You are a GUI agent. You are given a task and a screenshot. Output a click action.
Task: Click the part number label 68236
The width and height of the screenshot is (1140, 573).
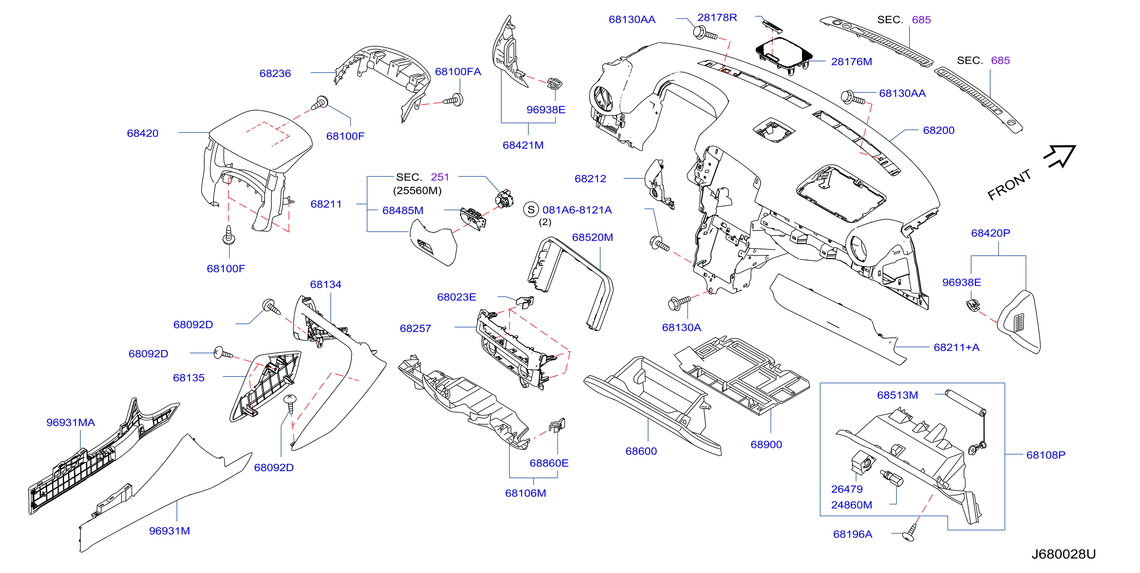[x=275, y=73]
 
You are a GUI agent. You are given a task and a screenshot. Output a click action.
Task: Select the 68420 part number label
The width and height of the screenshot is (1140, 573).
[x=142, y=133]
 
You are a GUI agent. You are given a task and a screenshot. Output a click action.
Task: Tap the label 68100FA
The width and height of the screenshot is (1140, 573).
[x=458, y=72]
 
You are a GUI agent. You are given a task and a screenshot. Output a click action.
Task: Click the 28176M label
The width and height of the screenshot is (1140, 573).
[x=851, y=61]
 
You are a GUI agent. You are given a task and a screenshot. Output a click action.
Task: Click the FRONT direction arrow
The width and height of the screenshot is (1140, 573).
[x=1060, y=156]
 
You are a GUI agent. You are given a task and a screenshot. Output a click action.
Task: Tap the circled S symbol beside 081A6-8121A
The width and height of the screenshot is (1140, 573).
[x=531, y=210]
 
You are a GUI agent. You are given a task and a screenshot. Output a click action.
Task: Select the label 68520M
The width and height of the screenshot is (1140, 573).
[x=592, y=237]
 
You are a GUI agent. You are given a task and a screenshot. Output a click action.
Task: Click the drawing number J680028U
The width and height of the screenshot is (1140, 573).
[x=1063, y=554]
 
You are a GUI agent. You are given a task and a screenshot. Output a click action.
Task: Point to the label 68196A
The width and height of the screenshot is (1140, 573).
[x=852, y=534]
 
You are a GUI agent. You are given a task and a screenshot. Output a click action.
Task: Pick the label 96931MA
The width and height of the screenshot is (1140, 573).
[x=70, y=422]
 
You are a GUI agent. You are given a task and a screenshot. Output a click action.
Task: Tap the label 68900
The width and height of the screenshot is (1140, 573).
[x=766, y=445]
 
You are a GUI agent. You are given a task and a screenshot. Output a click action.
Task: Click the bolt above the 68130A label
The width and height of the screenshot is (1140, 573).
[x=679, y=302]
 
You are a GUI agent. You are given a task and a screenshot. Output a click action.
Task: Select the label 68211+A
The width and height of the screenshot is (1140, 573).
[x=956, y=348]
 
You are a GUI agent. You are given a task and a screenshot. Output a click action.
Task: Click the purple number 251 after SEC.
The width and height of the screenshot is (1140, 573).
[x=440, y=177]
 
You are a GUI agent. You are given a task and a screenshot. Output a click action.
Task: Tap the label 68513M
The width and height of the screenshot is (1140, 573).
[x=897, y=395]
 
